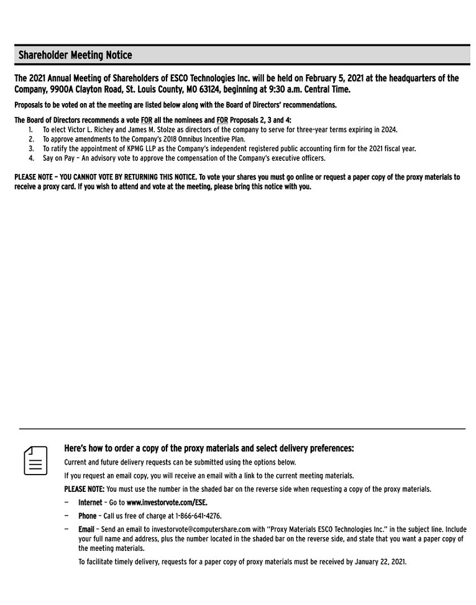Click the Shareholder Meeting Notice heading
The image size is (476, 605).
[75, 55]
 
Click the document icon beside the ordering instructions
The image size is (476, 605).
[35, 460]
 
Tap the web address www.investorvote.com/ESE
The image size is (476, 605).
[167, 503]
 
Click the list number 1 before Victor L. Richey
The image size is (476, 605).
[30, 130]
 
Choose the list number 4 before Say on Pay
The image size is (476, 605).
[30, 158]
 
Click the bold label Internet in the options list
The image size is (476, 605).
[90, 503]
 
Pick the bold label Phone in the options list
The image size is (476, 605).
[87, 516]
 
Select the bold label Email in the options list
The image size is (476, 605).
[86, 529]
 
